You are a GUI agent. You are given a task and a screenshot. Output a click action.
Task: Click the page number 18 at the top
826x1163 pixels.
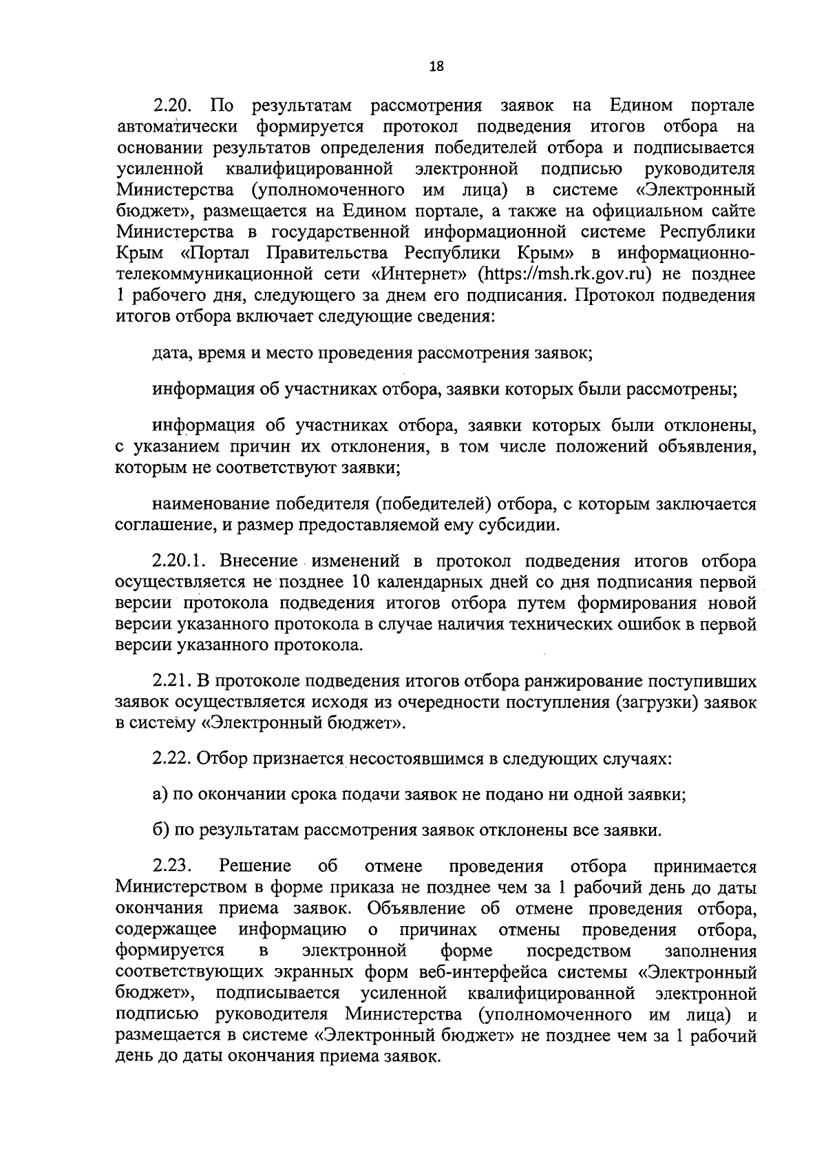pyautogui.click(x=436, y=67)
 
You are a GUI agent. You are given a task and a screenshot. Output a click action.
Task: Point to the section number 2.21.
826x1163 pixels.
pyautogui.click(x=174, y=682)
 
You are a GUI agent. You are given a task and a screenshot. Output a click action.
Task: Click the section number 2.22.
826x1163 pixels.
pyautogui.click(x=174, y=759)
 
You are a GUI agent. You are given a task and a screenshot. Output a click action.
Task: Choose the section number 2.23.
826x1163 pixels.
pyautogui.click(x=175, y=866)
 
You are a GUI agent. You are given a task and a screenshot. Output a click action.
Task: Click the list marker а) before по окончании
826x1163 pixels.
pyautogui.click(x=160, y=795)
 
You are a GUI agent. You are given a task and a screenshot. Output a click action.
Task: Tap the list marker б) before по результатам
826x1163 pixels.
pyautogui.click(x=160, y=830)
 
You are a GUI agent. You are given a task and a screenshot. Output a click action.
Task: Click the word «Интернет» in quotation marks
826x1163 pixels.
pyautogui.click(x=420, y=274)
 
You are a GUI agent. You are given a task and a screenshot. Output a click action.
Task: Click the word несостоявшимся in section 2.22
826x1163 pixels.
pyautogui.click(x=419, y=759)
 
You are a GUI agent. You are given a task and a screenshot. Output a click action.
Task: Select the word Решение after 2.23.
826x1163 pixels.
pyautogui.click(x=255, y=866)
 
